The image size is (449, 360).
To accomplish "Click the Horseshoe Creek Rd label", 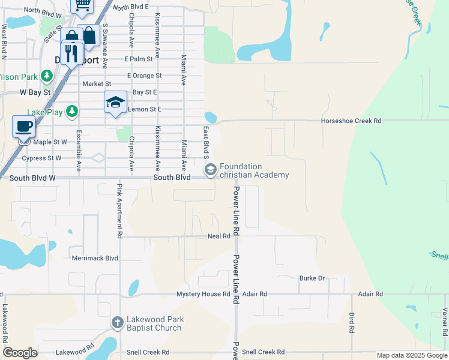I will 351,121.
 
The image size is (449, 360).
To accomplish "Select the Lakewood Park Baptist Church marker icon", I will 118,323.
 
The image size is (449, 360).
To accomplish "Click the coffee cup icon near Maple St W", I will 23,127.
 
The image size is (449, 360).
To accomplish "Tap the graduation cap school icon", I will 115,103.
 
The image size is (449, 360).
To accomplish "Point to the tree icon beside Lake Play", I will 71,111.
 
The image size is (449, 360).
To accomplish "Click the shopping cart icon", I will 82,5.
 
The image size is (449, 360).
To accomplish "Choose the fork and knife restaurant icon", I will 71,53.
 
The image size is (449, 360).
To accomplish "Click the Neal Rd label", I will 218,236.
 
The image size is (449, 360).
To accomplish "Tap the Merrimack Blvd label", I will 95,258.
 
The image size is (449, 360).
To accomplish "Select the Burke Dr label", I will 312,278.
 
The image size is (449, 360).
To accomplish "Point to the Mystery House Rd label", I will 203,294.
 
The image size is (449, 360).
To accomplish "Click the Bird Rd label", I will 352,322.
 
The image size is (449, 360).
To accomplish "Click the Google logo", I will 20,353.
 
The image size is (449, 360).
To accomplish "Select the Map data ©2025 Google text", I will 412,355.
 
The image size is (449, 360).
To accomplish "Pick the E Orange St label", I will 144,76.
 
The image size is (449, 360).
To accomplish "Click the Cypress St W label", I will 41,158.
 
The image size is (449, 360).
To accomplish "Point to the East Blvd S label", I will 206,143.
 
